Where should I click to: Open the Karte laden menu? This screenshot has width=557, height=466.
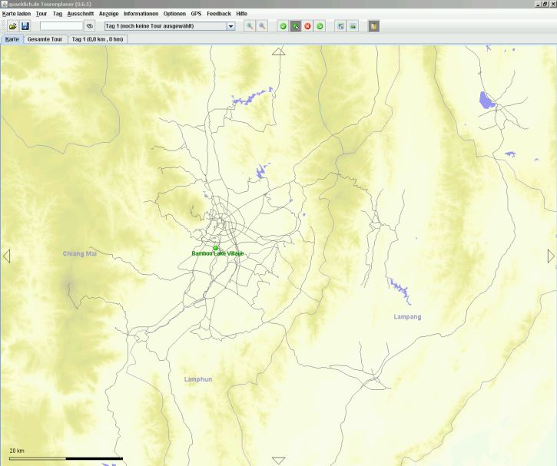pyautogui.click(x=16, y=14)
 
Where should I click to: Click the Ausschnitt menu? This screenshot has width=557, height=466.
pyautogui.click(x=80, y=14)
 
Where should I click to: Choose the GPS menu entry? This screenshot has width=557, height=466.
pyautogui.click(x=196, y=14)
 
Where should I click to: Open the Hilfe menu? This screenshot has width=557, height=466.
pyautogui.click(x=241, y=14)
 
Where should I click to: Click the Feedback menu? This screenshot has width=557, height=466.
pyautogui.click(x=218, y=14)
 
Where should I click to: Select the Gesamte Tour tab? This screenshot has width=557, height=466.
pyautogui.click(x=45, y=38)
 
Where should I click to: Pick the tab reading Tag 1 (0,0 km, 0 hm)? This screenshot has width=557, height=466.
pyautogui.click(x=97, y=38)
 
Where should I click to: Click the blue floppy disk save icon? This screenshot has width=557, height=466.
pyautogui.click(x=25, y=26)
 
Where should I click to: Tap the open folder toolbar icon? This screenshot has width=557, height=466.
pyautogui.click(x=12, y=26)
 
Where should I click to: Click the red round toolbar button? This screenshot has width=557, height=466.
pyautogui.click(x=307, y=26)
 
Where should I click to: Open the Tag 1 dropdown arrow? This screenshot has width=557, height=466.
pyautogui.click(x=230, y=26)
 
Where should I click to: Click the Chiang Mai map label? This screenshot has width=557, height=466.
pyautogui.click(x=80, y=253)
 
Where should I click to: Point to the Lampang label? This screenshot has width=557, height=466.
pyautogui.click(x=407, y=316)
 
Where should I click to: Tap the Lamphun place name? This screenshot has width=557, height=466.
pyautogui.click(x=198, y=379)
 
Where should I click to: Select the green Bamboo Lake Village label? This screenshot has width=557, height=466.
pyautogui.click(x=217, y=253)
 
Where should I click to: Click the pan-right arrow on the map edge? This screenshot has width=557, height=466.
pyautogui.click(x=550, y=256)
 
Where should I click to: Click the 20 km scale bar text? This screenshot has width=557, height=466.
pyautogui.click(x=17, y=450)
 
